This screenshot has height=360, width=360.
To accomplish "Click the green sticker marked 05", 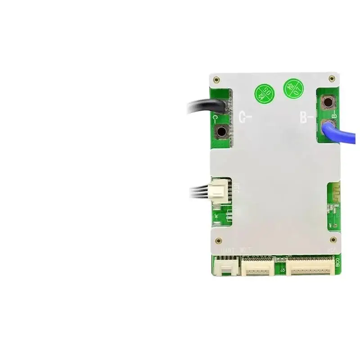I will coord(265,94).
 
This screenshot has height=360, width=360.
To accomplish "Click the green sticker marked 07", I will coord(292,88).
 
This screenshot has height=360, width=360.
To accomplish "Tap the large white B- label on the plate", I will coord(307,118).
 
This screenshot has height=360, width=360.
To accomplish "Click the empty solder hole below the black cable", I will coord(221,132).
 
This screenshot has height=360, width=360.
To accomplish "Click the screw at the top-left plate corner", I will coord(217,80).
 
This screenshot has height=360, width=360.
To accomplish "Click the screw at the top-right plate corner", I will coord(332,79).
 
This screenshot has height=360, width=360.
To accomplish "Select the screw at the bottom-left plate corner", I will coord(218,240).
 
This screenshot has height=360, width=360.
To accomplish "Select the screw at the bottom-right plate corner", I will coord(333,240).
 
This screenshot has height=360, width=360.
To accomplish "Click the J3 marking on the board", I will coord(283,270).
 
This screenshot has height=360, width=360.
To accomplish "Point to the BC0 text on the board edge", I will coord(337,263).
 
